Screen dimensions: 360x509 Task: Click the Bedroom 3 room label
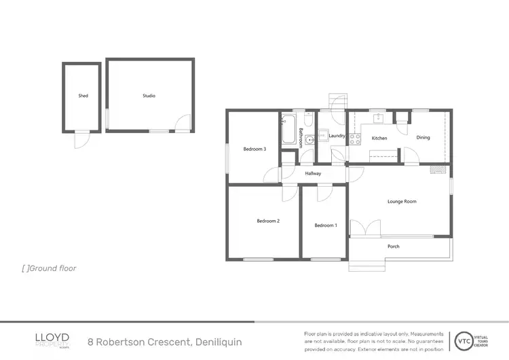pos(254,149)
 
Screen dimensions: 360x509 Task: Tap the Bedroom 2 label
pos(268,221)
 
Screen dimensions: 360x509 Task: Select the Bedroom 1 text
pos(325,225)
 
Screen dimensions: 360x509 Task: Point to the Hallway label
pos(313,174)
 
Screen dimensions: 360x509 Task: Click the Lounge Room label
pos(402,201)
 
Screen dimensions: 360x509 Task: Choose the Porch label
pos(393,246)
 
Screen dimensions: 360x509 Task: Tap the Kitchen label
pos(379,138)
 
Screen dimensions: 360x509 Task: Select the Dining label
pos(423,138)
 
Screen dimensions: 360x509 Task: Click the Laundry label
pos(337,136)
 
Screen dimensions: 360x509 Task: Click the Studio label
pos(149,96)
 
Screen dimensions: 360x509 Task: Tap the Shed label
pos(83,96)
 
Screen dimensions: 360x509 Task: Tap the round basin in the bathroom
pos(310,141)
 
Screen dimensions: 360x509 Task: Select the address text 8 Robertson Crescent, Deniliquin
pos(165,342)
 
